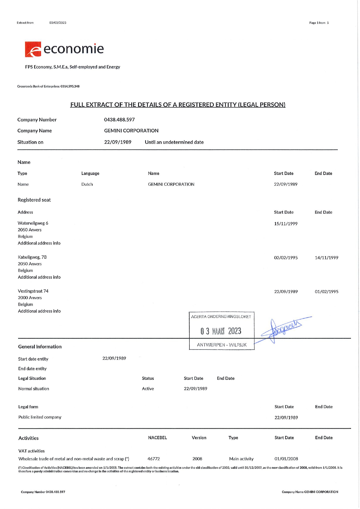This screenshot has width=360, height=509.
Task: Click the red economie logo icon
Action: pos(33,49)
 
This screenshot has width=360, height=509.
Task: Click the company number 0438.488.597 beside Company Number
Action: pos(119,120)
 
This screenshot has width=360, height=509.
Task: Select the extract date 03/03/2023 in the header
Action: pos(58,23)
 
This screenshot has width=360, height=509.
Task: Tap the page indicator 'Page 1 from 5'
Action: pos(319,23)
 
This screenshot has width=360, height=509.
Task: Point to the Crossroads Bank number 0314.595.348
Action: pos(70,86)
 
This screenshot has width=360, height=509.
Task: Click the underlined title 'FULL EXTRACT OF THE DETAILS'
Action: pos(178,105)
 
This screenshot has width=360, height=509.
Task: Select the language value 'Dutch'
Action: pos(87,184)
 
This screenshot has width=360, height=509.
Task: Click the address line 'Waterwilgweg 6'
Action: pos(33,223)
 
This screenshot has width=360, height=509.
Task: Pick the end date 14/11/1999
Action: pos(326,258)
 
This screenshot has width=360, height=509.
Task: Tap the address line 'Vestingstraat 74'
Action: pos(33,291)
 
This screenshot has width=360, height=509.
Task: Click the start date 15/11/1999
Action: pos(286,224)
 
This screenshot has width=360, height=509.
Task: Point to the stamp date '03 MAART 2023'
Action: pos(221,331)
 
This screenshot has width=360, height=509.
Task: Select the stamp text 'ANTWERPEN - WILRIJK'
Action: pos(222,345)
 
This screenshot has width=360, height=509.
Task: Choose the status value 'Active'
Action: pos(148,389)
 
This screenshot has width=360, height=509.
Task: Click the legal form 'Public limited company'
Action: pos(40,417)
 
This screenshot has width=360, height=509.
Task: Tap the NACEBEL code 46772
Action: pos(153,459)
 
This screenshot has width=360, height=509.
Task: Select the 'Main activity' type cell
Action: pos(241,459)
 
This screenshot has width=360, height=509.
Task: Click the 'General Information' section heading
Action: pos(40,347)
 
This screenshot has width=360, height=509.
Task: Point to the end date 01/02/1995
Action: pos(326,292)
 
